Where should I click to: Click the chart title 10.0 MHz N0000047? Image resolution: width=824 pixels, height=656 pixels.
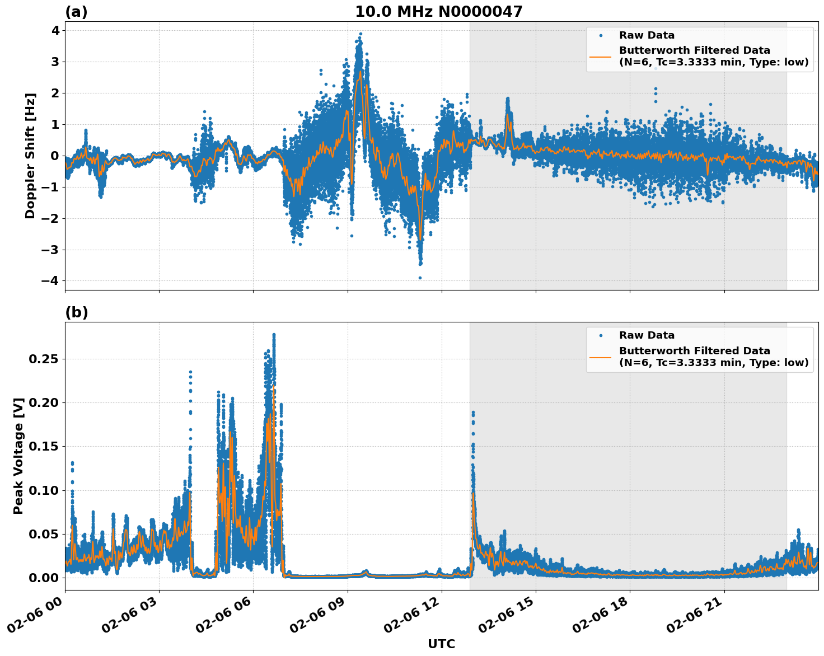tap(438, 12)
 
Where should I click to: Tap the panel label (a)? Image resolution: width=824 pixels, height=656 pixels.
tap(76, 12)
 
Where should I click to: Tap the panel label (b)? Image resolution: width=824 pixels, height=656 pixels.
tap(76, 312)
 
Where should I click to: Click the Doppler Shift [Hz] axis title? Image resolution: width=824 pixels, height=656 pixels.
tap(30, 156)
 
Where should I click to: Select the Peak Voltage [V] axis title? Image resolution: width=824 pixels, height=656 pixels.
tap(18, 456)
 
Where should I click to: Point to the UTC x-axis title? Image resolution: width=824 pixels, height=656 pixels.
tap(441, 644)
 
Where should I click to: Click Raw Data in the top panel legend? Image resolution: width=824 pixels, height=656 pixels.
tap(647, 35)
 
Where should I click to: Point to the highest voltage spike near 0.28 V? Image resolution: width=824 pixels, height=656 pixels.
tap(274, 335)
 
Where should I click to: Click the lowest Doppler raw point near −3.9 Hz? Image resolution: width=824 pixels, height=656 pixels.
tap(420, 278)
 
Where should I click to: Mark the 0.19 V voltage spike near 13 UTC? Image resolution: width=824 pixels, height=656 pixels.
tap(472, 413)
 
